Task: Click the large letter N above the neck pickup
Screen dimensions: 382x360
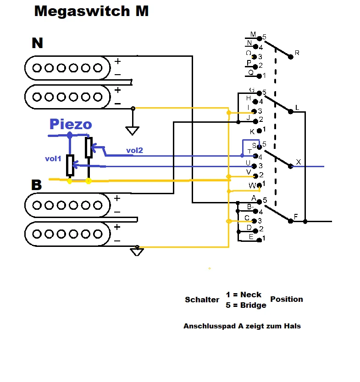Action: click(x=37, y=43)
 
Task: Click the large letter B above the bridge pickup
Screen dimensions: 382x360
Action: click(x=37, y=185)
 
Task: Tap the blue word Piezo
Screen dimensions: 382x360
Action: click(x=71, y=124)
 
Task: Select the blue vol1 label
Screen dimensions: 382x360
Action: click(x=53, y=158)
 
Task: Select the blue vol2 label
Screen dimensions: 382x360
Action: click(x=135, y=150)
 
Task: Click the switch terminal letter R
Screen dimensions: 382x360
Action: click(x=297, y=53)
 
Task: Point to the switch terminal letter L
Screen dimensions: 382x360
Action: click(x=297, y=108)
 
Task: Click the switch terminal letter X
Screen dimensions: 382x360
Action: click(x=298, y=162)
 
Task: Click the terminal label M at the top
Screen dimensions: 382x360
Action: click(x=253, y=34)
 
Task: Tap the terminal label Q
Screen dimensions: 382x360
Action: click(x=250, y=72)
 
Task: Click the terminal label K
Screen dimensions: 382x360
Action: click(x=252, y=131)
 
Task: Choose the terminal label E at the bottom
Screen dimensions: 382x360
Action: click(x=251, y=236)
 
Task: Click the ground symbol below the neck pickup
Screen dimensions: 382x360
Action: click(x=133, y=131)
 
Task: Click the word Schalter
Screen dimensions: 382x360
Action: click(x=202, y=300)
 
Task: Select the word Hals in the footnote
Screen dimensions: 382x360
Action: click(x=293, y=326)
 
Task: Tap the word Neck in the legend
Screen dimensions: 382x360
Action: click(x=250, y=295)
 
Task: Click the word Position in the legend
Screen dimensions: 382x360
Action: click(x=287, y=299)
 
